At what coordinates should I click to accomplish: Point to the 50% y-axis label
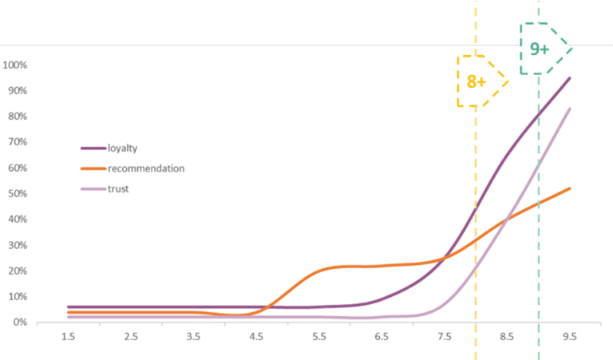tap(18, 193)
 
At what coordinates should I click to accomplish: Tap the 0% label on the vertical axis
tap(21, 322)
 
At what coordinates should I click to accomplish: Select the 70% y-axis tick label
tap(18, 142)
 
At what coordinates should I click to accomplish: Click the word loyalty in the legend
tap(132, 148)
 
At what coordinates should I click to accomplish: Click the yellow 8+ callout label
tap(477, 81)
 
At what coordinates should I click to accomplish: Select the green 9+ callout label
tap(540, 49)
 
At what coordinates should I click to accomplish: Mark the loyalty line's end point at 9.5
tap(570, 77)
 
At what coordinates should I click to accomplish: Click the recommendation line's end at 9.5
tap(570, 188)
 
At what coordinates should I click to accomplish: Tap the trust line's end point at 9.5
tap(570, 109)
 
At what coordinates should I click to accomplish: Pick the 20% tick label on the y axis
tap(18, 271)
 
